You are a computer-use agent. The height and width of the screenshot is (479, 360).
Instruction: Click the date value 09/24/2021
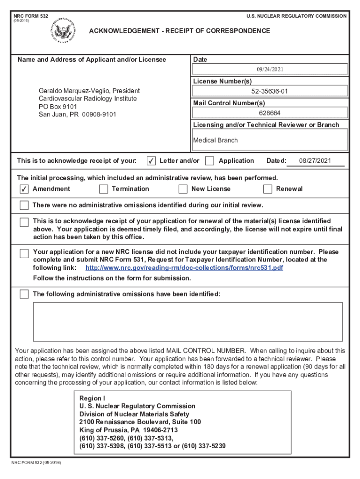click(x=270, y=69)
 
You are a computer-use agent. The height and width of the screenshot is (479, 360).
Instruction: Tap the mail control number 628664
click(x=270, y=113)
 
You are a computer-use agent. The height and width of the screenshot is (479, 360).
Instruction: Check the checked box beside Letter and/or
click(x=151, y=161)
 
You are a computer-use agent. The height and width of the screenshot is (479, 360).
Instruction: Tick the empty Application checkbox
click(x=210, y=161)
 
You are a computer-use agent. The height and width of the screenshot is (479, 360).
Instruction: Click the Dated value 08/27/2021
click(x=315, y=161)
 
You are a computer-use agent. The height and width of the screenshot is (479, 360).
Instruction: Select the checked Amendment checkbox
click(x=24, y=189)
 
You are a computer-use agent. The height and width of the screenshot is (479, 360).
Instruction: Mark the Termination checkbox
click(x=103, y=189)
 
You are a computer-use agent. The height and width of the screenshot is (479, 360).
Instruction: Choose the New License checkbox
click(x=183, y=189)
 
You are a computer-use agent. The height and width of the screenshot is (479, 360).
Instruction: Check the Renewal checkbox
click(x=267, y=189)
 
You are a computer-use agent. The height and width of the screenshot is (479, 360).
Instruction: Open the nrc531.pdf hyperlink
click(x=184, y=268)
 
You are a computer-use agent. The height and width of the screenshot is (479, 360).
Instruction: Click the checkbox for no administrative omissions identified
click(x=24, y=205)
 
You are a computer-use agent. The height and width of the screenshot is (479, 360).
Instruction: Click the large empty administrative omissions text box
click(x=187, y=321)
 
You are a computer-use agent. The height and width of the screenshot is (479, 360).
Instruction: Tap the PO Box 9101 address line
click(x=58, y=107)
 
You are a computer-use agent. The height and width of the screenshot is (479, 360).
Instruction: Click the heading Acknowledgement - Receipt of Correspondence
click(x=180, y=31)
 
